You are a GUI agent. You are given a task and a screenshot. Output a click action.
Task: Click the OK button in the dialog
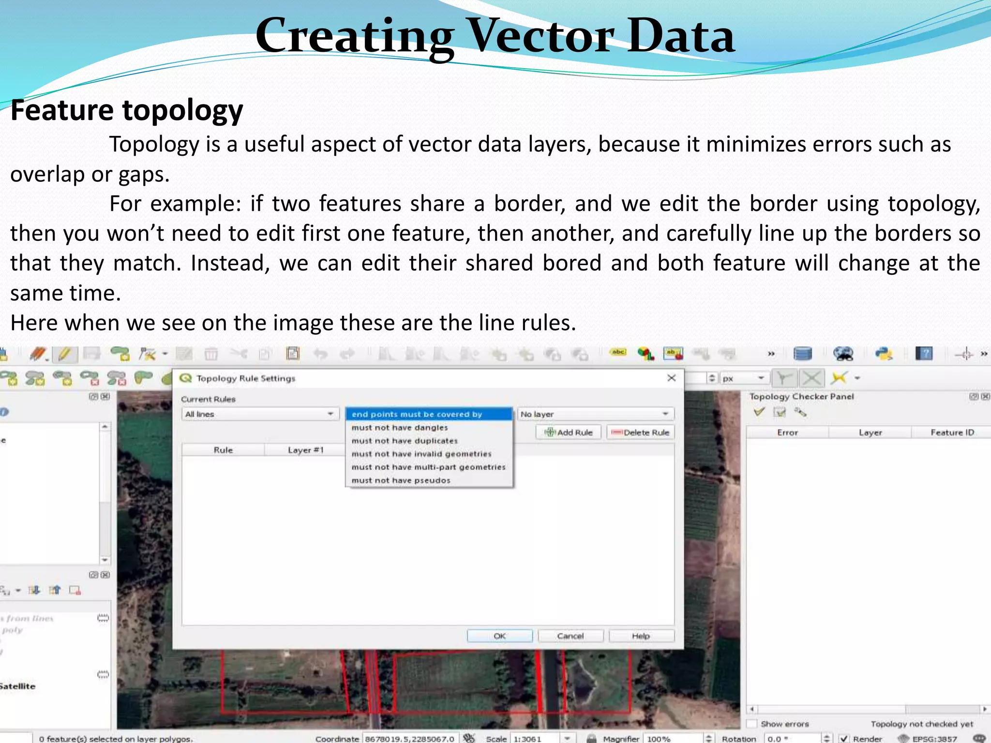pos(499,636)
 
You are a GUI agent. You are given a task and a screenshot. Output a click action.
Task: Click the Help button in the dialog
pos(641,636)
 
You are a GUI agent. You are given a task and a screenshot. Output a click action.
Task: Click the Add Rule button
pos(569,432)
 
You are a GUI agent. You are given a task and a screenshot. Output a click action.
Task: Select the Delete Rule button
pos(640,432)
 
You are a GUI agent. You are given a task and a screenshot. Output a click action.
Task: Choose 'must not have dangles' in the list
pos(400,428)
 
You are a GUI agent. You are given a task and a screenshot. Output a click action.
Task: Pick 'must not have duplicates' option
pos(405,441)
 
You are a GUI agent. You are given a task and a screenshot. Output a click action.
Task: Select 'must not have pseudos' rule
pos(401,480)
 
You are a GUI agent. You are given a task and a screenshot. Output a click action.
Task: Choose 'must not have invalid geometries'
pos(421,454)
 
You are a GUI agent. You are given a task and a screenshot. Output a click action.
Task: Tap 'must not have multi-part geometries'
pos(428,467)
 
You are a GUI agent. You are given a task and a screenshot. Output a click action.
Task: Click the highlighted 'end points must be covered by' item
pos(417,414)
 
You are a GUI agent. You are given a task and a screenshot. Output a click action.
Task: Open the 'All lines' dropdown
pos(259,414)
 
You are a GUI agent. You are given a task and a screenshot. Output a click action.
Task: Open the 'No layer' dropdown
pos(595,414)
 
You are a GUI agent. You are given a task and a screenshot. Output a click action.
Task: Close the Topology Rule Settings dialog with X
pos(672,378)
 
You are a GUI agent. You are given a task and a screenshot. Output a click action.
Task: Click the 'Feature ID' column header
pos(952,432)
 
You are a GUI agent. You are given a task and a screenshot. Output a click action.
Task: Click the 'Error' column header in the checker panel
pos(787,432)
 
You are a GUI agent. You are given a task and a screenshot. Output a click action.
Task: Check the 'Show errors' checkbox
pos(751,724)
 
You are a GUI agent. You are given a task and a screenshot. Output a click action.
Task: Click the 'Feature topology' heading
pos(127,110)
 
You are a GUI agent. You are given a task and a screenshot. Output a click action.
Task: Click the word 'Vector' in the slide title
pos(541,36)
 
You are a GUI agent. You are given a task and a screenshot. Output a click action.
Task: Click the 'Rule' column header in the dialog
pos(223,450)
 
